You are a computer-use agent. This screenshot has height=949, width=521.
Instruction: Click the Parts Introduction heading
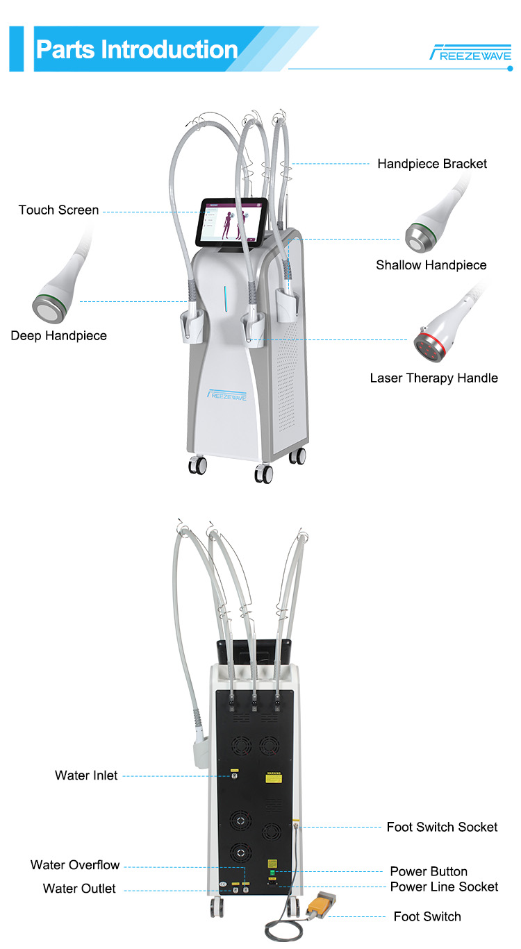tap(136, 49)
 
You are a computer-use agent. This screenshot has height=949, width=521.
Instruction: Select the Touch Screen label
tap(58, 210)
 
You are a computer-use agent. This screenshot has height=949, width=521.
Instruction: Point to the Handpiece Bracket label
tap(432, 164)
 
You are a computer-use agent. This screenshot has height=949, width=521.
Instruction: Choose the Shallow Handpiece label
tap(431, 264)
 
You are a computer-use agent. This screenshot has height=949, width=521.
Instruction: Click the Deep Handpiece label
tap(58, 335)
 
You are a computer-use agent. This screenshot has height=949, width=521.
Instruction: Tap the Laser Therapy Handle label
tap(433, 378)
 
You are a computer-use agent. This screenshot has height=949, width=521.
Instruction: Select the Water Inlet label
tap(86, 775)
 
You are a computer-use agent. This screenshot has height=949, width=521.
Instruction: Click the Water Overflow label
tap(75, 865)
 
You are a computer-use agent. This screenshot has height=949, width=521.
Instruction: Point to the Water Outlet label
tap(79, 889)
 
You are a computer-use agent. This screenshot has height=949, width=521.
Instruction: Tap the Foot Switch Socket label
tap(442, 827)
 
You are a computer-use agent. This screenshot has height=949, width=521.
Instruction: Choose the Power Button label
tap(429, 871)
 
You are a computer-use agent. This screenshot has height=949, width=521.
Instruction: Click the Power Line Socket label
tap(444, 887)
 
